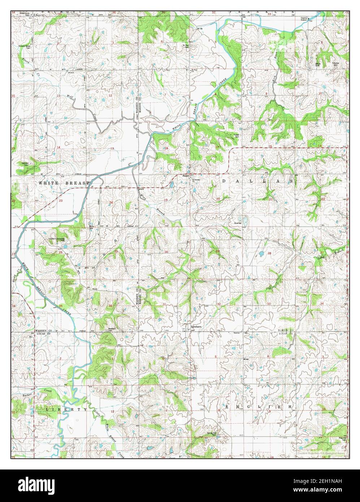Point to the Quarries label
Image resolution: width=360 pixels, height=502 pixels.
[237, 223]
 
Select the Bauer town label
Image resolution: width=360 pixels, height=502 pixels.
[186, 176]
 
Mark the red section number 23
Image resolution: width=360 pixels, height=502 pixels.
[61, 201]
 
